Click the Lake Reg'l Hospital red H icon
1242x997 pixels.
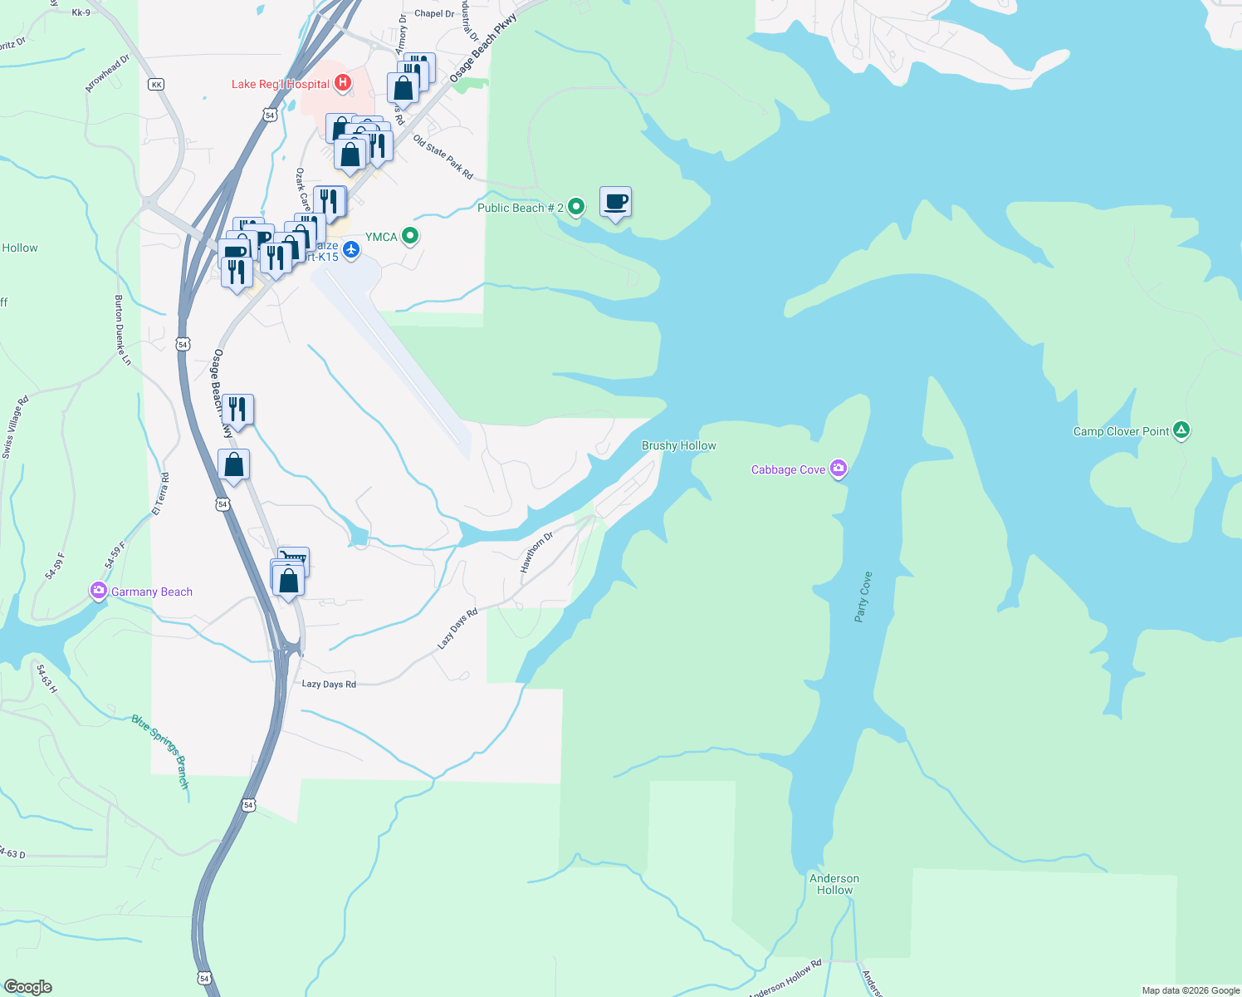(342, 84)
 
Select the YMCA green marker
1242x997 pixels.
(409, 237)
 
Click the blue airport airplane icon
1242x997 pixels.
(351, 248)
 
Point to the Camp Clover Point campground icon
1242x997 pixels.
(1181, 430)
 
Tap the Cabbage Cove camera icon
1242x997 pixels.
(838, 469)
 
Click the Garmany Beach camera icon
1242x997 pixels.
(99, 591)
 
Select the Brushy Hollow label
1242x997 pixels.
(678, 446)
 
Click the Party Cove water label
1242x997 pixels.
(863, 597)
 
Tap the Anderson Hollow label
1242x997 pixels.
(834, 884)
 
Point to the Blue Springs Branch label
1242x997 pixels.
(160, 751)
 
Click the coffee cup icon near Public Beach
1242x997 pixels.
(615, 202)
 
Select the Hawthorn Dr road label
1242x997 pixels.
(536, 552)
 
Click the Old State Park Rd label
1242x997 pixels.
(443, 157)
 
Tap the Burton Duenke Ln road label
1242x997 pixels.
(122, 330)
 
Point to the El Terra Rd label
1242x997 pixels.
(160, 494)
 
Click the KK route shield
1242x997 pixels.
(156, 85)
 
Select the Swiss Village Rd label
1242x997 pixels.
(16, 427)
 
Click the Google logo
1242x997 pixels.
(28, 987)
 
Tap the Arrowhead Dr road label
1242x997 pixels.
(108, 74)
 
